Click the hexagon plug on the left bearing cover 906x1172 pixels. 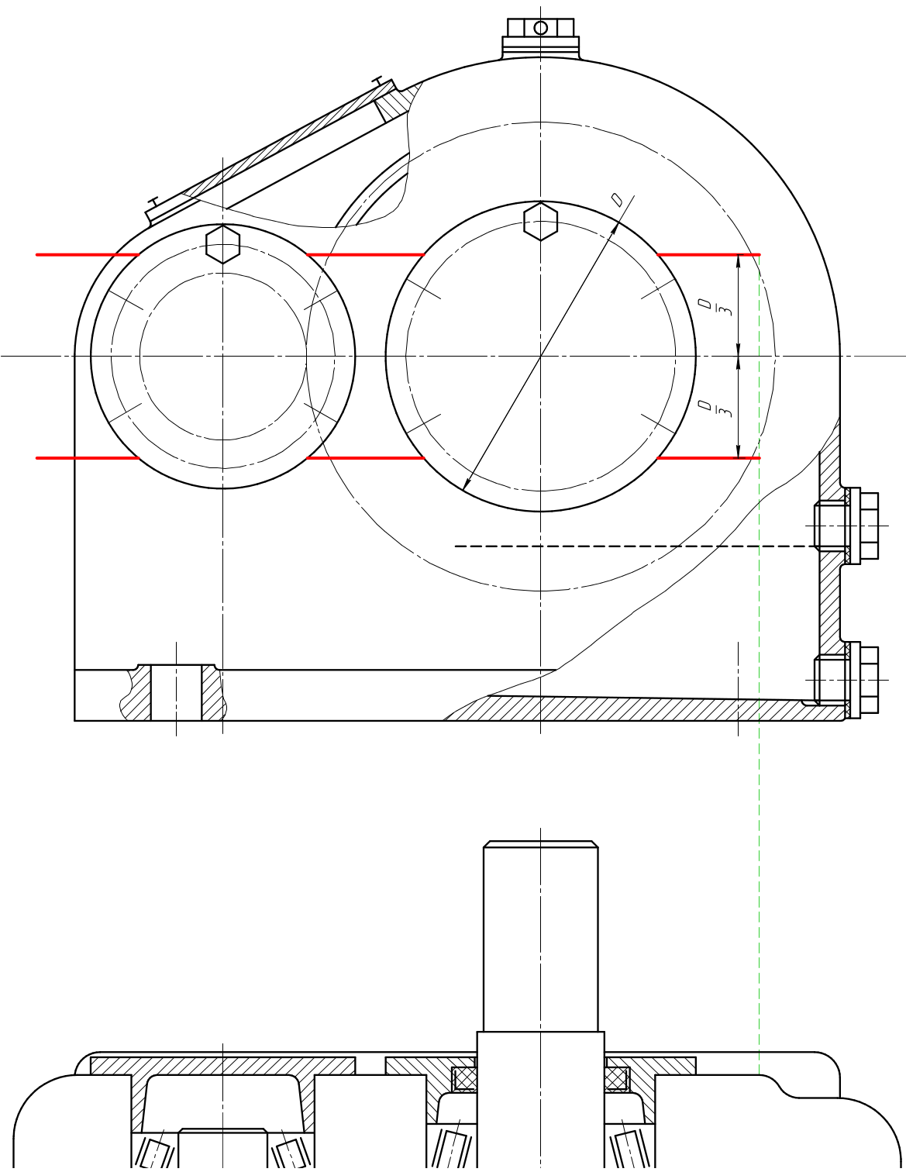coord(222,244)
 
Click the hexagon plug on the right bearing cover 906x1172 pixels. coord(540,221)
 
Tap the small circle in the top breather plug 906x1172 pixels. coord(540,28)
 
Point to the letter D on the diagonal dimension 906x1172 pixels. coord(617,200)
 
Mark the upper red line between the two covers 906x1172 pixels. coord(365,254)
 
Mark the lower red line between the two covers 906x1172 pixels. coord(365,458)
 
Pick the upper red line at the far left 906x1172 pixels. coord(88,254)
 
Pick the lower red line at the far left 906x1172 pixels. coord(88,458)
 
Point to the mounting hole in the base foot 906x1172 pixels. coord(176,692)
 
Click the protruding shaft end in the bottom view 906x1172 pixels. coord(540,936)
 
